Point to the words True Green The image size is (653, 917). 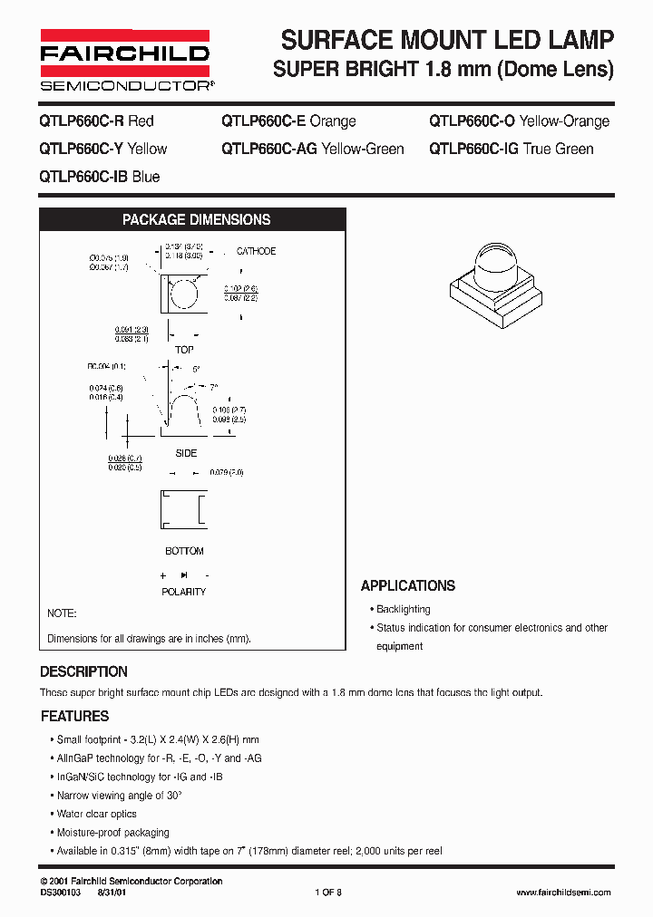559,149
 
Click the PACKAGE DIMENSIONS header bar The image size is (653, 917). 196,219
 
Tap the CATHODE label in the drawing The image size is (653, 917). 256,251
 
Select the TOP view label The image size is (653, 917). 184,350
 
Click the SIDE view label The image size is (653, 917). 185,453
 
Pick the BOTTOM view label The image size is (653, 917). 184,551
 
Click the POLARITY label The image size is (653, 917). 184,592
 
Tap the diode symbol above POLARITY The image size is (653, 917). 184,575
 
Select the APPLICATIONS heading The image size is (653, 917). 408,585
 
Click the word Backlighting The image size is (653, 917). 404,610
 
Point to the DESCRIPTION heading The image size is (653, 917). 83,671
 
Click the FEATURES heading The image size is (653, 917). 75,716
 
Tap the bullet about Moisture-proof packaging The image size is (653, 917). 113,832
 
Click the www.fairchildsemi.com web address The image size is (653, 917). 563,893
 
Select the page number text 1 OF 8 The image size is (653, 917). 327,893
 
